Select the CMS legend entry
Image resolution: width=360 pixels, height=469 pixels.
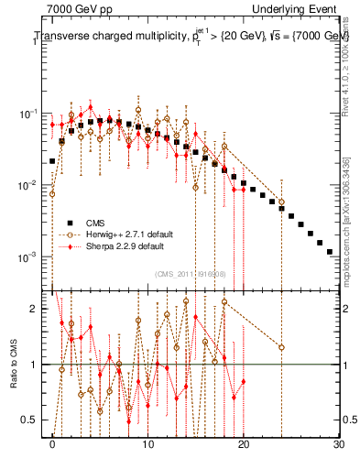coord(97,222)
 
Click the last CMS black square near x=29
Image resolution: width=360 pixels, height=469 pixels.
coord(329,251)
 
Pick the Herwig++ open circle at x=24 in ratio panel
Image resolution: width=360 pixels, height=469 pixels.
coord(281,347)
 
